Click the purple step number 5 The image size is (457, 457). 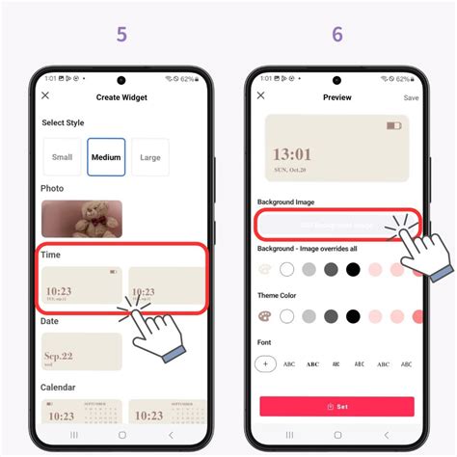(121, 35)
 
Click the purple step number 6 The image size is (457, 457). (337, 35)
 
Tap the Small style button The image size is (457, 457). (62, 157)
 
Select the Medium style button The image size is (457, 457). (106, 157)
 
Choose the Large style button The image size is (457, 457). (149, 157)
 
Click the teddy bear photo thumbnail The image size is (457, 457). (82, 219)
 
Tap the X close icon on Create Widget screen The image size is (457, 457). (45, 96)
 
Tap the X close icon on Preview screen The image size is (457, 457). (260, 96)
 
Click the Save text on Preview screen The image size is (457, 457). (411, 97)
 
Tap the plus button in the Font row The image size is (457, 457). (266, 363)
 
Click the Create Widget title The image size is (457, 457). (122, 97)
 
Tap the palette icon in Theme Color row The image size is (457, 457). (265, 316)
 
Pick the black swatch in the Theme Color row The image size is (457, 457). (353, 316)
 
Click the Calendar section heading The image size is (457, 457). (59, 388)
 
